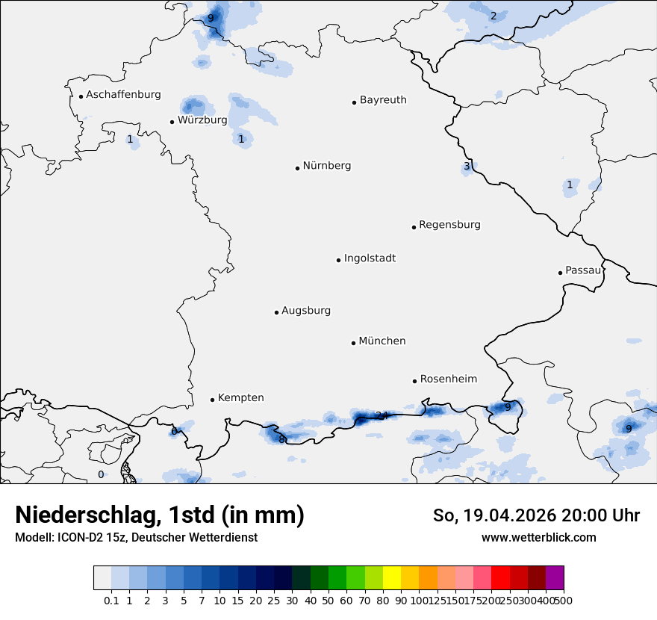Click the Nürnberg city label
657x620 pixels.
click(x=326, y=166)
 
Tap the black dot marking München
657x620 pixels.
click(x=353, y=343)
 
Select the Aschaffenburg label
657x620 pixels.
click(x=123, y=95)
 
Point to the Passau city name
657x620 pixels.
click(x=582, y=270)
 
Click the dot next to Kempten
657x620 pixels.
click(x=212, y=400)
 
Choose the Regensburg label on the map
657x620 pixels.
click(x=449, y=225)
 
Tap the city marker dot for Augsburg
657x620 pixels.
click(x=276, y=312)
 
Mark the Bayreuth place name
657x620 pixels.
click(x=383, y=100)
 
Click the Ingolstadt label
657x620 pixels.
click(x=370, y=258)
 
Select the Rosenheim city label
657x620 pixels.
click(x=448, y=379)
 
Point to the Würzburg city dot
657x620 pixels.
click(x=172, y=122)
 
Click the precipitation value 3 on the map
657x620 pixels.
click(x=467, y=167)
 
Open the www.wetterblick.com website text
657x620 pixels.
click(x=538, y=537)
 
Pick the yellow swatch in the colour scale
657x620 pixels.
click(x=392, y=578)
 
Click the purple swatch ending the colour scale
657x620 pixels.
click(x=555, y=578)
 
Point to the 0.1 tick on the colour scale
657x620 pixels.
click(x=111, y=600)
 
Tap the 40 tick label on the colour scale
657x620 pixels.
click(x=310, y=600)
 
